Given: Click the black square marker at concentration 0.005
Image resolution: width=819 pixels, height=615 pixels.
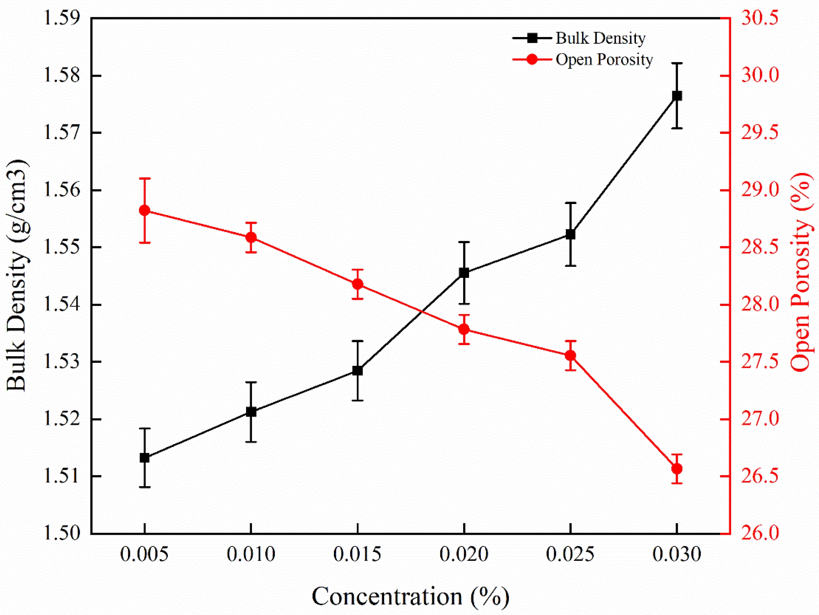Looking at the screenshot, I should pyautogui.click(x=144, y=458).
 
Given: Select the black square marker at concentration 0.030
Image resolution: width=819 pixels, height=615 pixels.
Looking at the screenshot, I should pyautogui.click(x=677, y=96).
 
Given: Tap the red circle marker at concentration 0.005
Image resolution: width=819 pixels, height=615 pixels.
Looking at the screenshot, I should pyautogui.click(x=144, y=211).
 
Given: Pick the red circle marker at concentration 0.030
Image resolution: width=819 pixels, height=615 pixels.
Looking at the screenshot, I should pyautogui.click(x=677, y=469).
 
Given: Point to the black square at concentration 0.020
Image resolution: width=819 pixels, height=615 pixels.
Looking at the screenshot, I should pyautogui.click(x=464, y=273).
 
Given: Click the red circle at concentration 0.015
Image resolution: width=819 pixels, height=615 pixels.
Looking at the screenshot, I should pyautogui.click(x=357, y=284).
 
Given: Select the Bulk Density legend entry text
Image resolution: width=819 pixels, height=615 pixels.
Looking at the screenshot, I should pyautogui.click(x=600, y=38).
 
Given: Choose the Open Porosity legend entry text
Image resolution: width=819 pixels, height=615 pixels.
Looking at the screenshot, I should pyautogui.click(x=604, y=60).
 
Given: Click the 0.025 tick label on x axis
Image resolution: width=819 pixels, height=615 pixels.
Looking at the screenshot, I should pyautogui.click(x=570, y=555).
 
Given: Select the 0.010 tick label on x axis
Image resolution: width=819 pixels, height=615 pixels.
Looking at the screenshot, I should pyautogui.click(x=251, y=555).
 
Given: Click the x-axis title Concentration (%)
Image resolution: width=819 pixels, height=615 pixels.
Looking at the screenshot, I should pyautogui.click(x=410, y=596).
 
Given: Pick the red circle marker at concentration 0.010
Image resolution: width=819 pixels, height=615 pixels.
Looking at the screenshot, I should pyautogui.click(x=251, y=237).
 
